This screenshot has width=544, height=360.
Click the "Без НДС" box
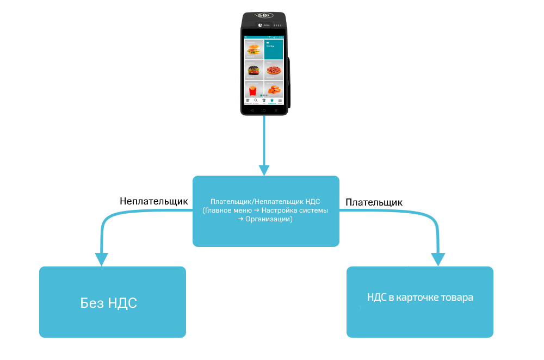(112, 302)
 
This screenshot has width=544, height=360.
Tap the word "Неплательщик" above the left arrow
(154, 201)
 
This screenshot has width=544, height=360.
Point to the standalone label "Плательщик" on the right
(374, 202)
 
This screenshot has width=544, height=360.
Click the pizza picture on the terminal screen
(274, 71)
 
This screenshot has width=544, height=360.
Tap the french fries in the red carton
(252, 90)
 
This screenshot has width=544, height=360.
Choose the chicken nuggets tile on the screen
(274, 90)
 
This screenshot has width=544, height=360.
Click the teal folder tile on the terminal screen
(274, 49)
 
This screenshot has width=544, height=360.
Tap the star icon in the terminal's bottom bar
(271, 101)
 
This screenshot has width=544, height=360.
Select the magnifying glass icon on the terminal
(256, 101)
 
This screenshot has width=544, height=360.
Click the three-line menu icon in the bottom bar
(280, 101)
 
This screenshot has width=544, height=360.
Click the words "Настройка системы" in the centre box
(294, 210)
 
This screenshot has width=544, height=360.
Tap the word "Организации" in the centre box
(270, 219)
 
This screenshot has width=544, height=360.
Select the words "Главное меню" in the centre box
(230, 210)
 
